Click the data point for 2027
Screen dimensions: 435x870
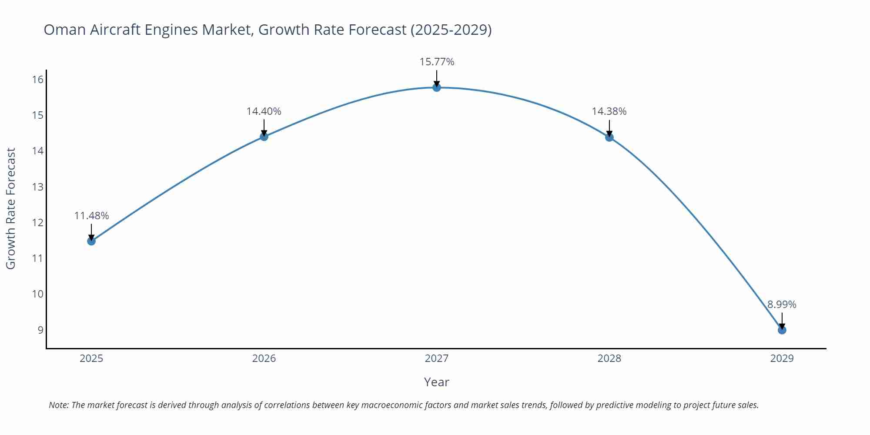[x=437, y=87]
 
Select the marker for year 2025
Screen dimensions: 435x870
[x=91, y=241]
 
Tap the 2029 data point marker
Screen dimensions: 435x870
[x=782, y=330]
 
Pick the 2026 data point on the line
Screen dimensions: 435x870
[x=264, y=137]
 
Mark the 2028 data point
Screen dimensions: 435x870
[x=609, y=137]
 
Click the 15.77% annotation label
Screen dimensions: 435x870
[x=437, y=62]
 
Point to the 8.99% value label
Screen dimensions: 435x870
[x=782, y=304]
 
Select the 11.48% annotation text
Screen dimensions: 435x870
[x=91, y=216]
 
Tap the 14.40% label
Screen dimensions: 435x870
[x=264, y=111]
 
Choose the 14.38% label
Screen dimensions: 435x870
[x=609, y=111]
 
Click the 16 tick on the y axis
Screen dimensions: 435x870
[x=37, y=79]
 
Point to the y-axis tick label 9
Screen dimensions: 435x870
[x=40, y=330]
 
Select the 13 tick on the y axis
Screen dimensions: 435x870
[x=37, y=187]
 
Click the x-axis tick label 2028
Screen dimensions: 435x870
[x=609, y=358]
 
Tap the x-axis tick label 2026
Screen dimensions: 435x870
[x=264, y=358]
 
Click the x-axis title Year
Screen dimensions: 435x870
[x=436, y=382]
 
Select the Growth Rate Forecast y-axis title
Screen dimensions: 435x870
[x=11, y=208]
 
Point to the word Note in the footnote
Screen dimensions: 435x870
[x=58, y=405]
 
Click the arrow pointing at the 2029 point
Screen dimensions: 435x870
[x=782, y=321]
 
